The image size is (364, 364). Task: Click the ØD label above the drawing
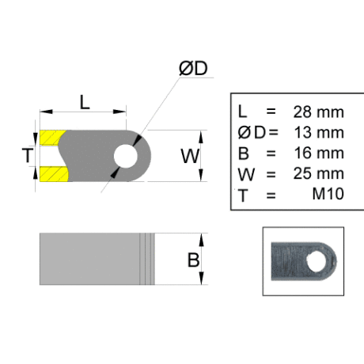[193, 68]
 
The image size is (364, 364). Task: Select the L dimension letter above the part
[85, 102]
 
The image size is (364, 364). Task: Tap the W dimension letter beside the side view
[190, 156]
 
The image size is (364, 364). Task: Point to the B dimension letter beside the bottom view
[193, 260]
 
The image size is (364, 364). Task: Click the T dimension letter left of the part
[28, 155]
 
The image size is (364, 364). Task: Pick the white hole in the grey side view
[126, 156]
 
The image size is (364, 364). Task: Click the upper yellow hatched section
[51, 138]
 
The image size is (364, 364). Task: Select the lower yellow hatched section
[54, 174]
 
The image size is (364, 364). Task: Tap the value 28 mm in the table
[318, 112]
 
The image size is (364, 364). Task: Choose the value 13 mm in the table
[319, 132]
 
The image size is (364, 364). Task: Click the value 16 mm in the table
[319, 153]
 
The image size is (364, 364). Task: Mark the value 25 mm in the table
[318, 173]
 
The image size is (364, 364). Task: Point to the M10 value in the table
[328, 194]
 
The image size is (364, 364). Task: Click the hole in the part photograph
[317, 261]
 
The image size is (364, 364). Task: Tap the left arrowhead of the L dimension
[47, 112]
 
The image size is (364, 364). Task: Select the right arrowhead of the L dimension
[119, 112]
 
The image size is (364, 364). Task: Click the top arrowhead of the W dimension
[201, 137]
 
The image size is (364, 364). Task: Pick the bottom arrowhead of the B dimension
[201, 278]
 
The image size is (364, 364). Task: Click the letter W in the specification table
[246, 174]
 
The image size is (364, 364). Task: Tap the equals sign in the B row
[271, 154]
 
